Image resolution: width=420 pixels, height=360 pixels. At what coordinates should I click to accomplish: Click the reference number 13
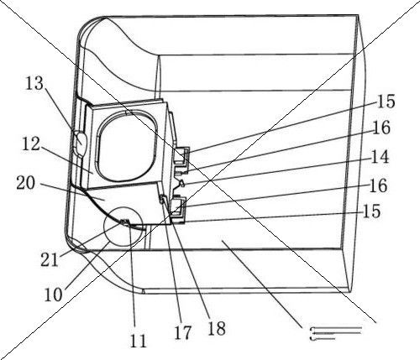[34, 83]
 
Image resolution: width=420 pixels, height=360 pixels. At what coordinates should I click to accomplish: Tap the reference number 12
[31, 144]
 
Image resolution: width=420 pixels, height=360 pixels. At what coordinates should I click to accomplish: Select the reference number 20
[26, 184]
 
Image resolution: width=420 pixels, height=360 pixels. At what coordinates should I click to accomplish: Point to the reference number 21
[50, 259]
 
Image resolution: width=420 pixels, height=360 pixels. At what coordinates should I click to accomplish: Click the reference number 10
[54, 295]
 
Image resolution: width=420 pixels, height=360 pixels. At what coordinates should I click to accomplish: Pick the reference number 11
[139, 341]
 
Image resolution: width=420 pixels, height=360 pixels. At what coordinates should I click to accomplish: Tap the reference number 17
[182, 333]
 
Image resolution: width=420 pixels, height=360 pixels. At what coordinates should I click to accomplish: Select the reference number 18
[217, 328]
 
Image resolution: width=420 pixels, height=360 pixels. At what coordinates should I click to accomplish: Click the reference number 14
[380, 157]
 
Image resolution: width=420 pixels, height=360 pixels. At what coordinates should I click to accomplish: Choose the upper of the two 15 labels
[386, 102]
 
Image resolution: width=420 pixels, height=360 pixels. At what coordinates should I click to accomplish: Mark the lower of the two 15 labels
[371, 211]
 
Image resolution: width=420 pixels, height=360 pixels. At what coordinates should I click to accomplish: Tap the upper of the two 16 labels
[381, 128]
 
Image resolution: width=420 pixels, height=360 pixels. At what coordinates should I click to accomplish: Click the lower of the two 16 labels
[378, 185]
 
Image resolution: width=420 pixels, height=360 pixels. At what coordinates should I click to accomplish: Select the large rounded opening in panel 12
[127, 145]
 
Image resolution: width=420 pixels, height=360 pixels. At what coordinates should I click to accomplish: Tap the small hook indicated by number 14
[181, 183]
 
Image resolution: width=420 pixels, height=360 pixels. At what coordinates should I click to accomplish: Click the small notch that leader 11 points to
[124, 222]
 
